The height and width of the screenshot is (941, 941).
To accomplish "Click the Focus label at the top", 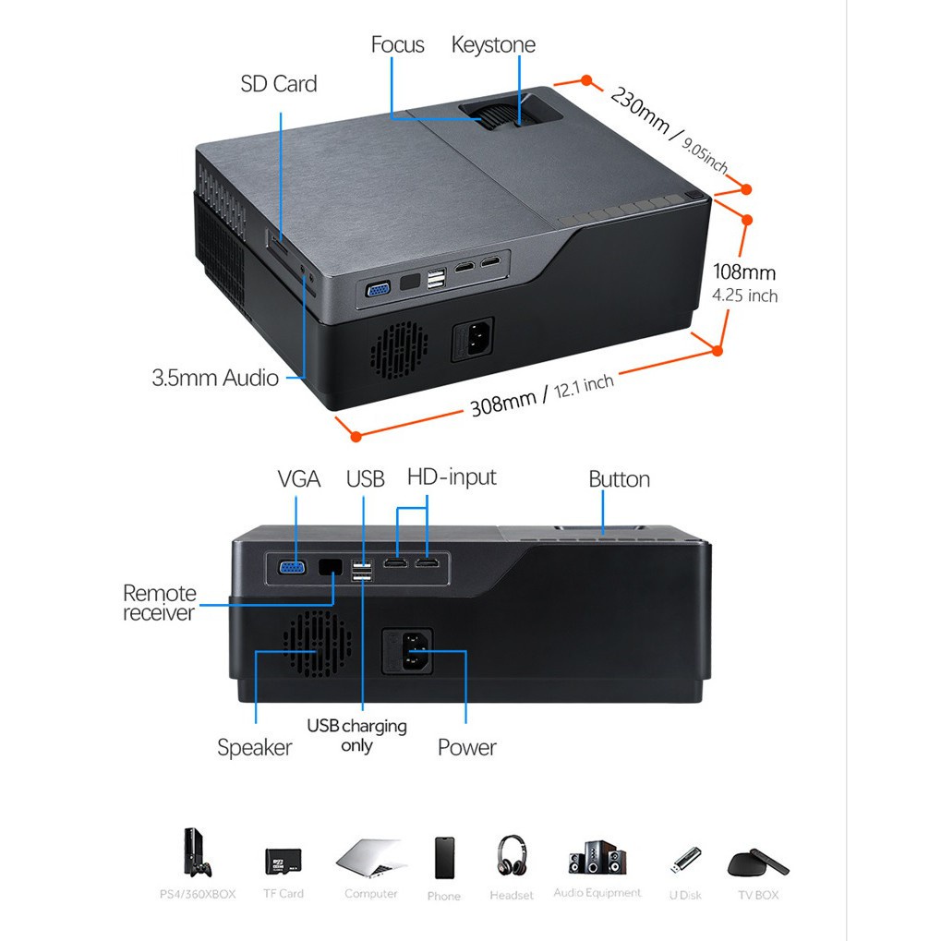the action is coord(397,44).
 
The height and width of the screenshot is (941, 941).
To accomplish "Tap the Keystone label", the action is coord(493,45).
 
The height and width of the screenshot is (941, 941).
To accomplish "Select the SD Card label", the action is coord(279,84).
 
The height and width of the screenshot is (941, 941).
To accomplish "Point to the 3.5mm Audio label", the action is coord(215,378).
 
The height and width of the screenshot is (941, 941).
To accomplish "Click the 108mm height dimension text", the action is coord(744,272).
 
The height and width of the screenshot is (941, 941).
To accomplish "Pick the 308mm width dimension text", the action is coord(503,403).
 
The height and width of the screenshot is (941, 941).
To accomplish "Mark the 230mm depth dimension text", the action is coord(640,110).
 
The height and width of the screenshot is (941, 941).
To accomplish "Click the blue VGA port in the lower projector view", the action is coord(292,567).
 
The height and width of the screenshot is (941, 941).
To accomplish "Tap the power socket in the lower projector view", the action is coord(407,652).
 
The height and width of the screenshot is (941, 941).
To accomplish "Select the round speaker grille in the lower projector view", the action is coord(317,644).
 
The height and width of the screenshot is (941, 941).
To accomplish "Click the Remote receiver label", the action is coord(159,603).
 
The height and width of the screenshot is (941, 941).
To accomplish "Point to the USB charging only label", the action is coord(356,736).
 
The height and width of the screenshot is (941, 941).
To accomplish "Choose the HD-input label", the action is coord(452,477).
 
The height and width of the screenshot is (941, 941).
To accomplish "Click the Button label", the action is coord(619,479).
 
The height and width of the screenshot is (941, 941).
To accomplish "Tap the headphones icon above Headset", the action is coord(512,855).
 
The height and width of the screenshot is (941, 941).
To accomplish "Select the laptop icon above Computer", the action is coord(371,858).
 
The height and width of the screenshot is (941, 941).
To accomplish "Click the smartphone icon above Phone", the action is coord(444,858).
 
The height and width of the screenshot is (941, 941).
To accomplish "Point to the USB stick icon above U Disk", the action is coord(685,861).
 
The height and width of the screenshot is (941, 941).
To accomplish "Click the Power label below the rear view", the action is coord(467,748).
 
